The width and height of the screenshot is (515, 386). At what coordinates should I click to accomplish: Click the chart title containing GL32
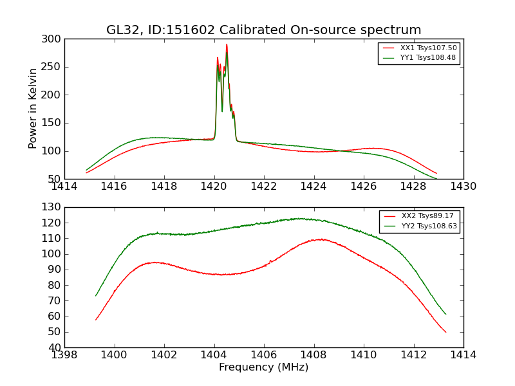tap(263, 30)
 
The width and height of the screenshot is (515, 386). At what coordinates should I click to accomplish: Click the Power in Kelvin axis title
tap(33, 108)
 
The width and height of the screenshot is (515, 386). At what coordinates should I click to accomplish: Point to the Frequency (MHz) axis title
tap(263, 367)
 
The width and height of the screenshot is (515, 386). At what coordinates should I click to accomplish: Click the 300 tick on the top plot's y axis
tap(53, 39)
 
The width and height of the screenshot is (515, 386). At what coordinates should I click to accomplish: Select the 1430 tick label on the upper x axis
tap(463, 186)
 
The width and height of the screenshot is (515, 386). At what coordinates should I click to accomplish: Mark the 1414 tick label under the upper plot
tap(64, 186)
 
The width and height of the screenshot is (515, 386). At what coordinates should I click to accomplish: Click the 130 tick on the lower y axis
tap(53, 207)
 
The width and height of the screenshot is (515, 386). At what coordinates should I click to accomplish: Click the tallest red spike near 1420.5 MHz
tap(227, 44)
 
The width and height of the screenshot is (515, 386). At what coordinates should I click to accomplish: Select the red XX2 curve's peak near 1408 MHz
tap(320, 239)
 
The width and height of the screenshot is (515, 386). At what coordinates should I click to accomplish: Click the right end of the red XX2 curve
tap(445, 332)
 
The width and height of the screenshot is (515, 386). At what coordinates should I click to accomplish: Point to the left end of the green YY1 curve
tap(86, 170)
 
